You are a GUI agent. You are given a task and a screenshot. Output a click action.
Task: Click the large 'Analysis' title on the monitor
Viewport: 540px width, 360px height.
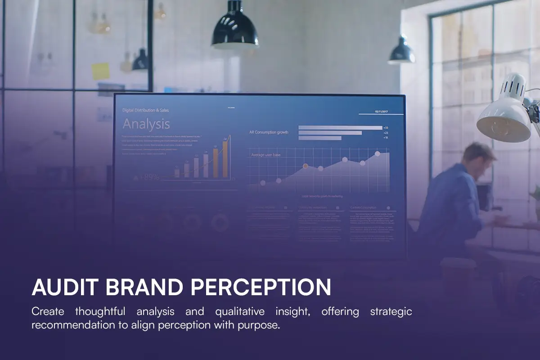point(146,124)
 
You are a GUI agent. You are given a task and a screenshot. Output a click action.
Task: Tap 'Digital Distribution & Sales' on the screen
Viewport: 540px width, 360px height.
point(146,110)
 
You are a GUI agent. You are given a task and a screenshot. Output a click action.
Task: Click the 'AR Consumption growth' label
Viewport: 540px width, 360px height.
point(269,132)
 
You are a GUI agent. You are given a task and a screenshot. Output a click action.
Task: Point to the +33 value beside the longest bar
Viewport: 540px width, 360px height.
point(386,128)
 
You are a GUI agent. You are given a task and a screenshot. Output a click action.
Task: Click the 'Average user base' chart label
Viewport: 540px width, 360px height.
point(265,155)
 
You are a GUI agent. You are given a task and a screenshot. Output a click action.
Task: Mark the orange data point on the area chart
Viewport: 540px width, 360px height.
point(306,166)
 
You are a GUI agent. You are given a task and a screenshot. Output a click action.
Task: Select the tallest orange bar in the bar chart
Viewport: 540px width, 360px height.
point(225,159)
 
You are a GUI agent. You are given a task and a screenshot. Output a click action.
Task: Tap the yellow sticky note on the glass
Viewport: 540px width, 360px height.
point(100,72)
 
